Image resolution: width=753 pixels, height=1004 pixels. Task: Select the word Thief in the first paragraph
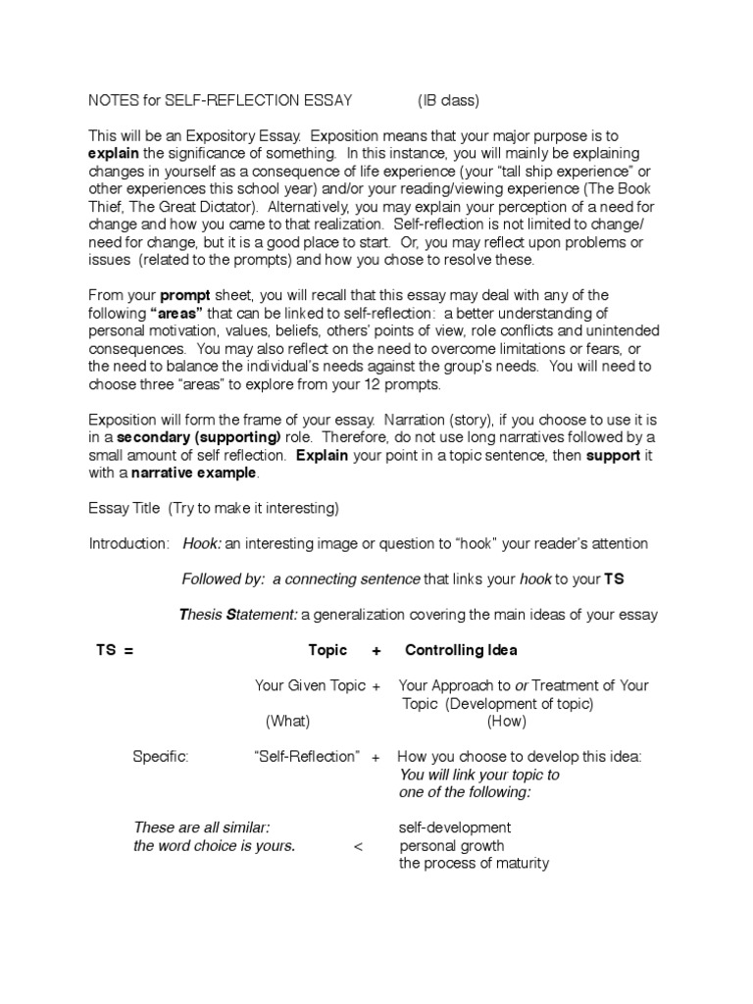tap(108, 207)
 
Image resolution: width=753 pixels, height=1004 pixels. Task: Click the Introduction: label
tap(129, 543)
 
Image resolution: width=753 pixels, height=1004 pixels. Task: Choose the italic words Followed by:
tap(224, 579)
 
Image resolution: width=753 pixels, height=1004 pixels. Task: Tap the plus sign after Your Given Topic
tap(376, 686)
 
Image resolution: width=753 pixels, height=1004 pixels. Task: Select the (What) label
tap(287, 722)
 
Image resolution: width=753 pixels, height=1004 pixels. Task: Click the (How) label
tap(506, 722)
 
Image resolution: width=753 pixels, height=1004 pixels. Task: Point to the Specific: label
tap(161, 757)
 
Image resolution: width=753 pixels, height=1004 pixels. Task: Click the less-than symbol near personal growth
tap(357, 846)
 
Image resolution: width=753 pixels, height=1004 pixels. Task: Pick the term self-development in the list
tap(454, 828)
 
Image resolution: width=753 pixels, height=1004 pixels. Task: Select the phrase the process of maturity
tap(474, 864)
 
